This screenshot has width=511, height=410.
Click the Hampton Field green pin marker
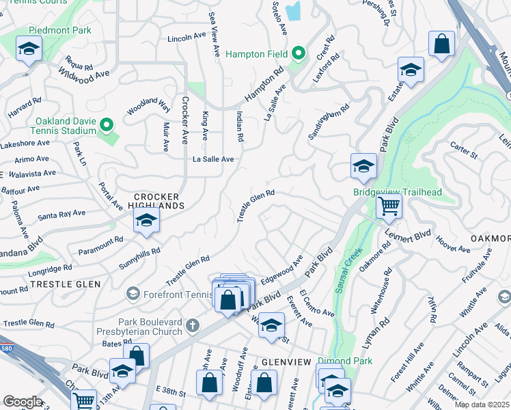pyautogui.click(x=298, y=53)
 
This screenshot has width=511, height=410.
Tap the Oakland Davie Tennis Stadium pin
pyautogui.click(x=106, y=125)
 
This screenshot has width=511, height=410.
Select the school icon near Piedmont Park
pyautogui.click(x=29, y=49)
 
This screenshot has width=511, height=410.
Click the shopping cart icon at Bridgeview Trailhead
pyautogui.click(x=389, y=205)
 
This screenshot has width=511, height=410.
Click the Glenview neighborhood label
pyautogui.click(x=287, y=361)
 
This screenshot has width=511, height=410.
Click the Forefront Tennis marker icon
pyautogui.click(x=133, y=294)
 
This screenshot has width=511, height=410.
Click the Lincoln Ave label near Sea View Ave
pyautogui.click(x=187, y=39)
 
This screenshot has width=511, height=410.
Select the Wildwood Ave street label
pyautogui.click(x=83, y=72)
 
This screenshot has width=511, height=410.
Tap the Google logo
pyautogui.click(x=23, y=401)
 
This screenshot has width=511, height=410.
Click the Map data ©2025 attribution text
pyautogui.click(x=482, y=405)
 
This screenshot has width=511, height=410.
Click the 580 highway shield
pyautogui.click(x=3, y=348)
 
